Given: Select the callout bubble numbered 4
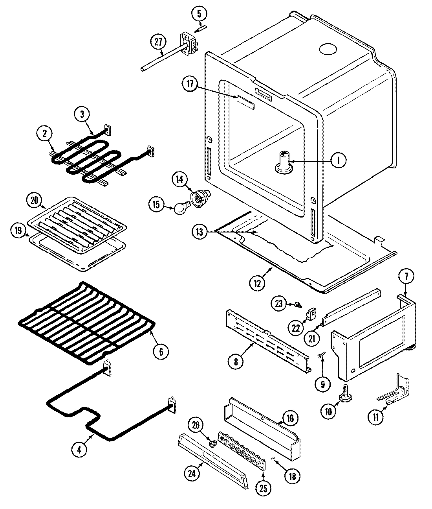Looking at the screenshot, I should (x=80, y=450).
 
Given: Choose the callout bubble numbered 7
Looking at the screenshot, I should (x=406, y=276).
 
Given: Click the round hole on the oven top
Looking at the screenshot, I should (x=328, y=49).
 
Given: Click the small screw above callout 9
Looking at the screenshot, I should (x=320, y=356).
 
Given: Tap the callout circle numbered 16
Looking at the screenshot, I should (x=289, y=418).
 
